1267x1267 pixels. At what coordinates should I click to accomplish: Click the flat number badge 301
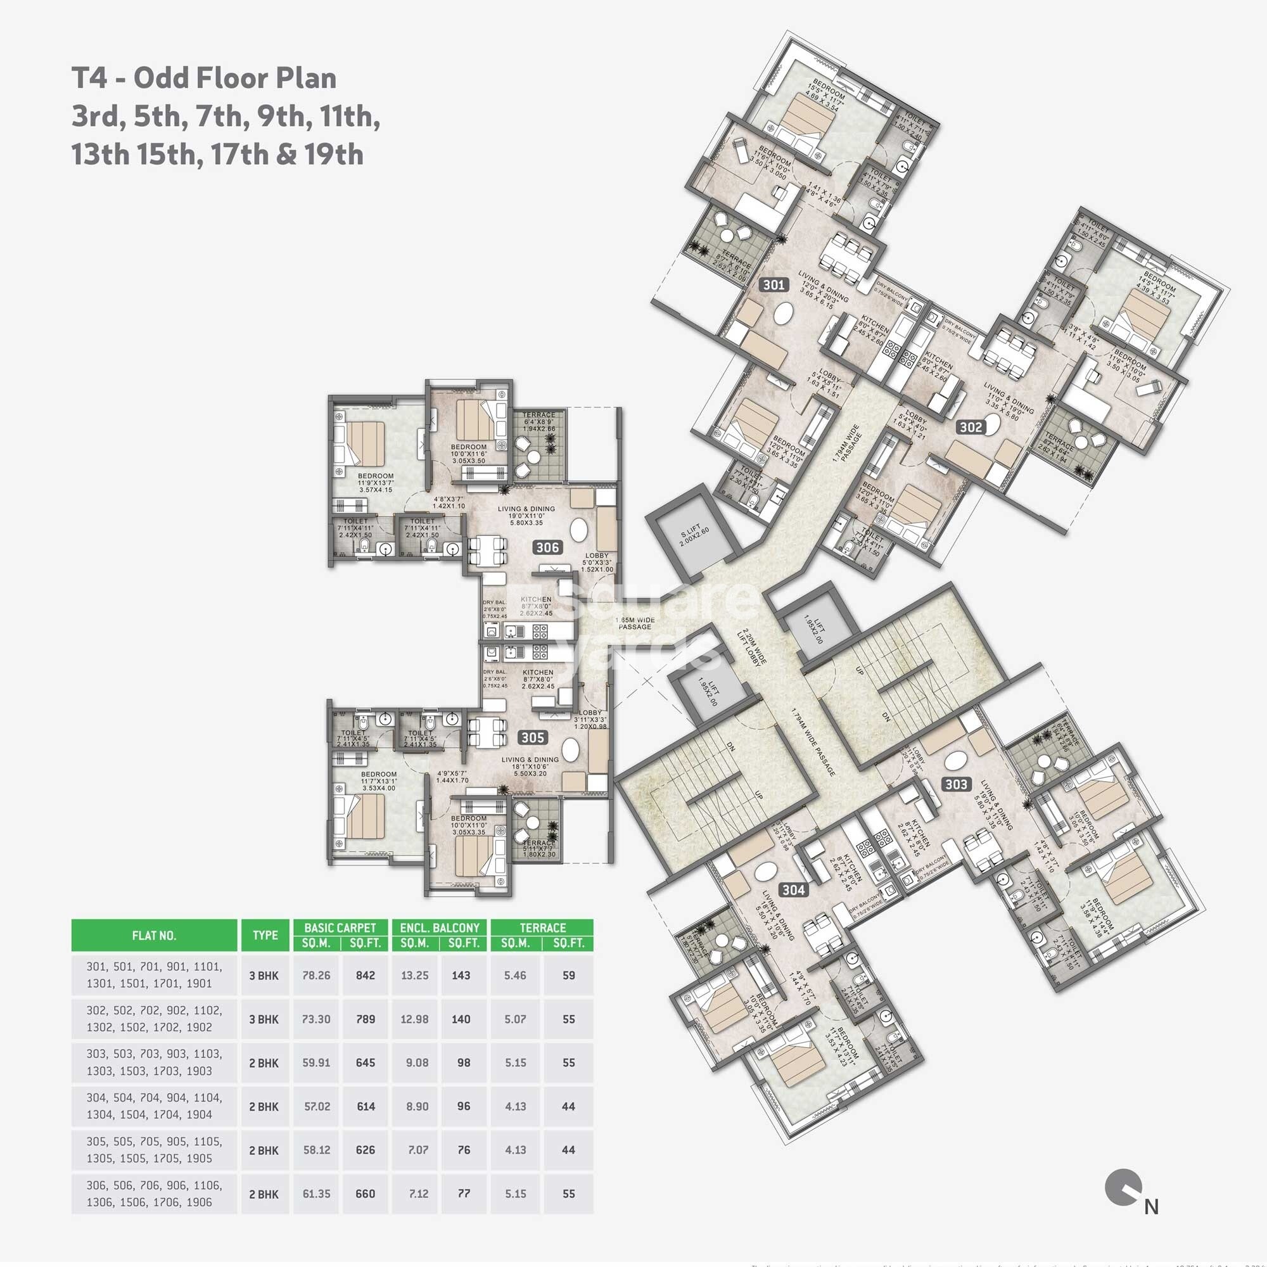[x=774, y=284]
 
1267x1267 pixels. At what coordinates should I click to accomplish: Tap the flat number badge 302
[x=971, y=427]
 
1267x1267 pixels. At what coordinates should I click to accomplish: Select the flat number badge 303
[x=956, y=784]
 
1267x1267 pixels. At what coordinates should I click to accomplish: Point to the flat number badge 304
[x=794, y=890]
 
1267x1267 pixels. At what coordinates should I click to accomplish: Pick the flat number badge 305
[x=533, y=738]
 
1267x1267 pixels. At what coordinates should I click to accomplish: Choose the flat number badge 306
[x=547, y=547]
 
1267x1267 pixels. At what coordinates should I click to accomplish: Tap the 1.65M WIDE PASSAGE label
[x=634, y=623]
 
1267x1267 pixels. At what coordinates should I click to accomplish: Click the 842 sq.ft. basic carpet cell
[x=366, y=975]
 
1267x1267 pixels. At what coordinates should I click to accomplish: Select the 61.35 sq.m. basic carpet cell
[x=316, y=1194]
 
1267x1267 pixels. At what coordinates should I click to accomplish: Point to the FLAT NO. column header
[x=154, y=935]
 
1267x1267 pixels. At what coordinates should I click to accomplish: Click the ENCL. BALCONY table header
[x=440, y=928]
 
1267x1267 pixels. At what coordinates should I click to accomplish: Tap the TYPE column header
[x=265, y=935]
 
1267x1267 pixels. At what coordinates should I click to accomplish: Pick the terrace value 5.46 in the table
[x=516, y=975]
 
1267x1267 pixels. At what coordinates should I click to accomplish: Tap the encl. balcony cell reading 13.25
[x=414, y=975]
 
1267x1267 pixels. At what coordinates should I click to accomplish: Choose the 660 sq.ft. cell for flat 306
[x=366, y=1194]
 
